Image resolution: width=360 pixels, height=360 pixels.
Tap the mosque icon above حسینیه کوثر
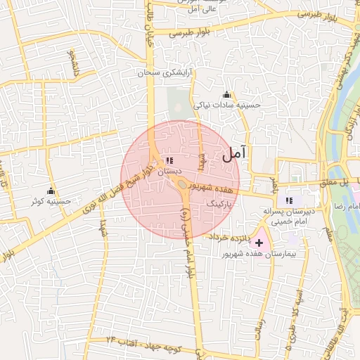click(x=51, y=191)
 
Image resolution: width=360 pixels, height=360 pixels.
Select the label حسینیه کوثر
click(x=51, y=202)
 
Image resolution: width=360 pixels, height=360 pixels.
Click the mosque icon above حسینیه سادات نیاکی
click(x=226, y=95)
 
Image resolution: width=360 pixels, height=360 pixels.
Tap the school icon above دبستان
click(x=170, y=160)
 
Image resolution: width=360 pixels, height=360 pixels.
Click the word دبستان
click(x=170, y=171)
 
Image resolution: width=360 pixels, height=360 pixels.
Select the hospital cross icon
click(x=259, y=242)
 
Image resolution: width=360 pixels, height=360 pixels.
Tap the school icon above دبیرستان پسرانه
click(x=290, y=201)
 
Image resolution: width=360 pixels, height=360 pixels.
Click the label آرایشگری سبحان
click(x=168, y=73)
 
